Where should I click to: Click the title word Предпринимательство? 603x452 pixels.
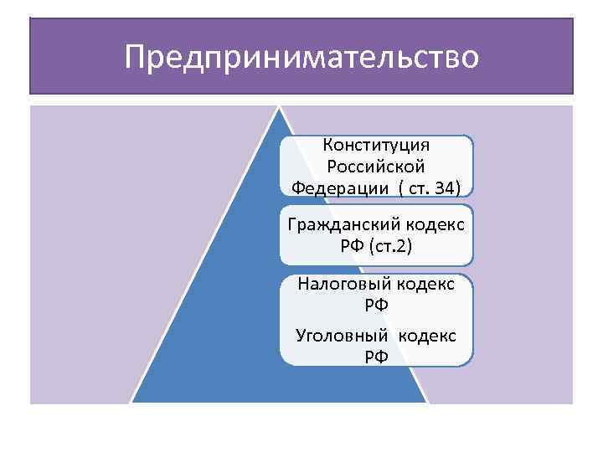coord(301,57)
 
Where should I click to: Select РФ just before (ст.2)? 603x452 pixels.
coord(352,246)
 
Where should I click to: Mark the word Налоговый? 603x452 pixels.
coord(341,284)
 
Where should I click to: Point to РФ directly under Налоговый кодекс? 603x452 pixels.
coord(376,306)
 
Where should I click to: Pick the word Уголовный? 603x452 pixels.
coord(343,336)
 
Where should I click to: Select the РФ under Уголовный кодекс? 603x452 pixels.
coord(376,357)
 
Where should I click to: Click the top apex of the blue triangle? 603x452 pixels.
coord(280,107)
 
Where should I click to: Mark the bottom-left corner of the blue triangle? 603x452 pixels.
coord(131,403)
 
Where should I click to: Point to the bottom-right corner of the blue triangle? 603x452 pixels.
coord(427,403)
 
